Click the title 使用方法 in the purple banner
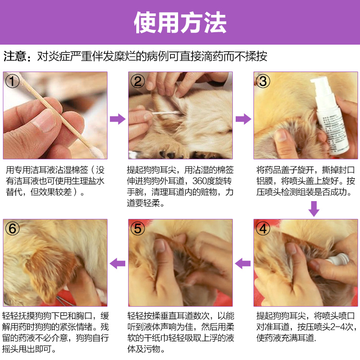coord(180,23)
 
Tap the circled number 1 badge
coord(12,81)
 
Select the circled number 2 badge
coord(138,81)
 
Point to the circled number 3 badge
coord(263,81)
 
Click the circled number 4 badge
coord(263,228)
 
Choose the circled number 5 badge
coord(138,228)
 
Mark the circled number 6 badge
coord(12,228)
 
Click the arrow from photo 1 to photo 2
coord(118,119)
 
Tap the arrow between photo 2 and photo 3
coord(243,119)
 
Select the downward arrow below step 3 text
coord(314,209)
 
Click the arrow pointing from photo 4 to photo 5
coord(243,264)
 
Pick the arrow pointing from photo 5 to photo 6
coord(118,264)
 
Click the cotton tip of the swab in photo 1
coord(97,152)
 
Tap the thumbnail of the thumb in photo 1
coord(44,120)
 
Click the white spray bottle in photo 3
coord(329,115)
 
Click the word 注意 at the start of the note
coord(15,56)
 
